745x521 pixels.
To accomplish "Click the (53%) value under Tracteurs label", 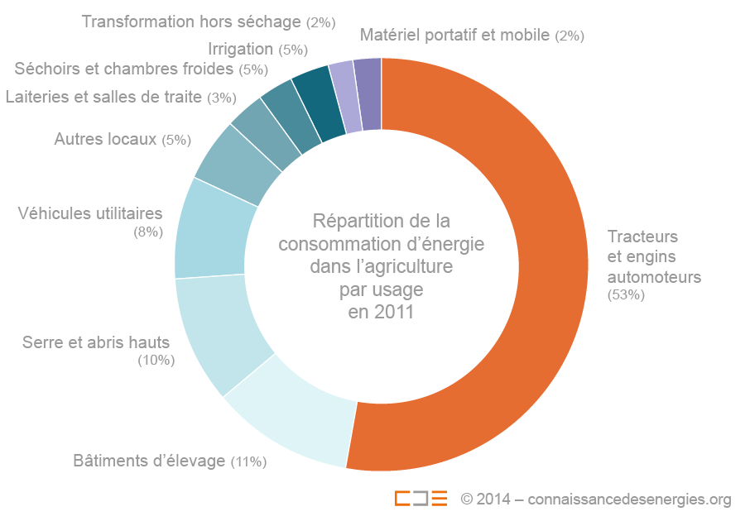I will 626,295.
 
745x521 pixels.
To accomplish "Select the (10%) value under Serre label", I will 156,360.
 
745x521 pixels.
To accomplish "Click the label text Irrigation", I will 241,49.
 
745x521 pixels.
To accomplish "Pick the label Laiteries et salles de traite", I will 103,97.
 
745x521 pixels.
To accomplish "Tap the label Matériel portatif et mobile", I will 455,35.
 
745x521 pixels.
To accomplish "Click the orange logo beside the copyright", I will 421,498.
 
